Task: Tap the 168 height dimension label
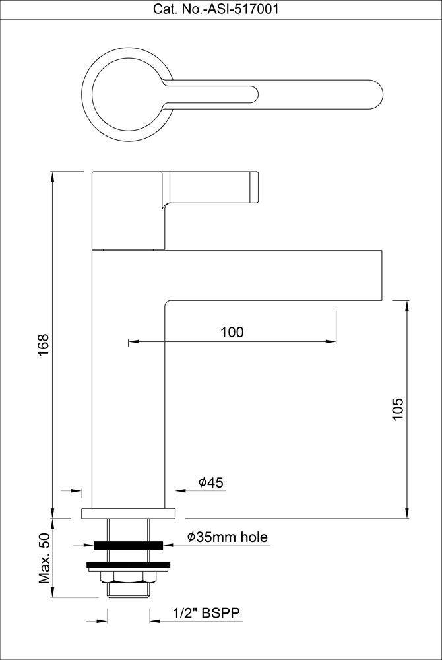tap(44, 345)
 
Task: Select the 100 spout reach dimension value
tap(232, 332)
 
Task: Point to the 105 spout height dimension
tap(398, 409)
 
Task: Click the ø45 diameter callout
tap(210, 482)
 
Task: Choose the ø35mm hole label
tap(228, 537)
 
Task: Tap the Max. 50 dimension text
tap(45, 558)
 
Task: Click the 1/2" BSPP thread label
tap(207, 613)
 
